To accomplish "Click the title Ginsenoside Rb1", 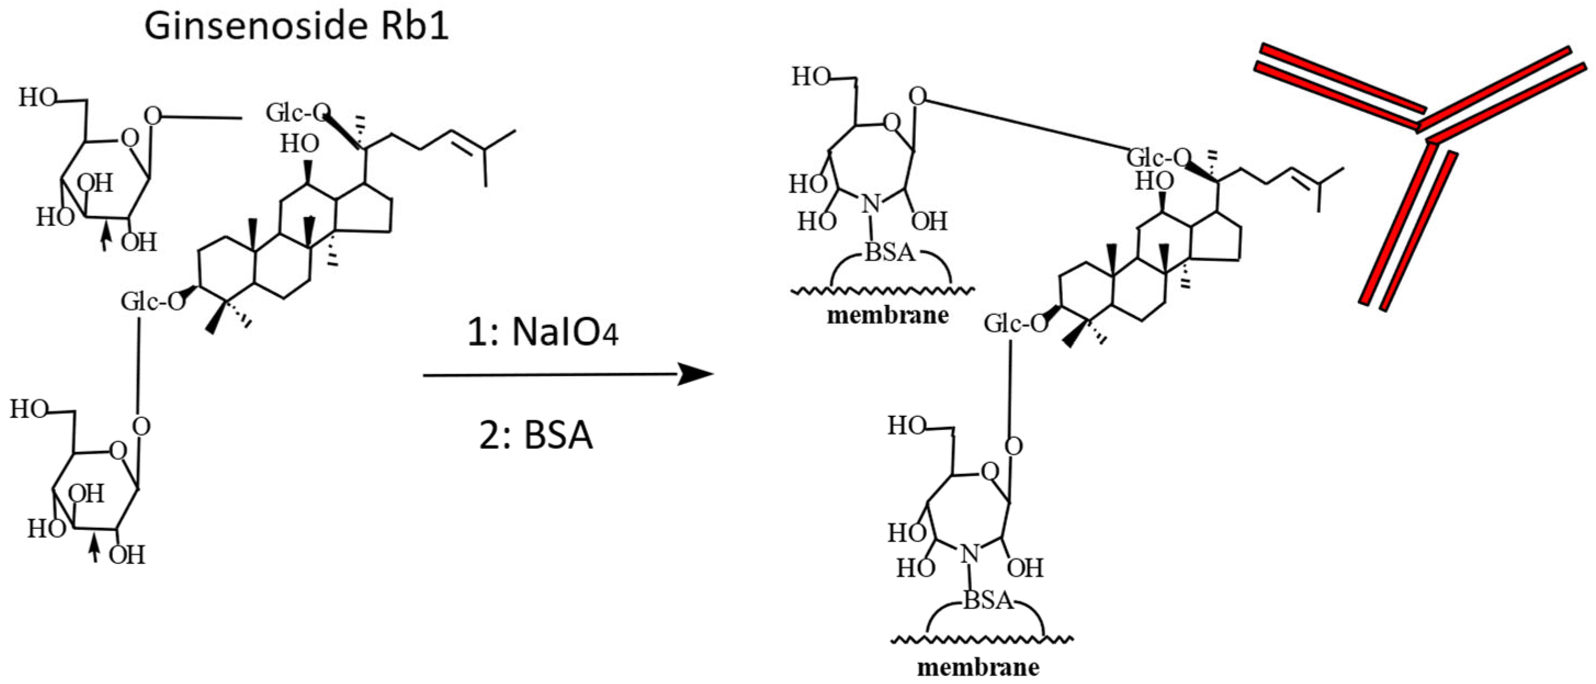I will coord(296,27).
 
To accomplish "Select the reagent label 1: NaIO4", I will coord(543,333).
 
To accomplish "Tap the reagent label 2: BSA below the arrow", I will coord(536,435).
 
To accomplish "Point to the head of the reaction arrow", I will coord(697,374).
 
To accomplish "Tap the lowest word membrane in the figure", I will coord(978,668).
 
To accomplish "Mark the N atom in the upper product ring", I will coord(871,202).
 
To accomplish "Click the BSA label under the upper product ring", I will coord(890,252).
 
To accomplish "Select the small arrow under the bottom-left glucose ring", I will coord(94,549).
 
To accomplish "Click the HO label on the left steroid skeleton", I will coord(299,144).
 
